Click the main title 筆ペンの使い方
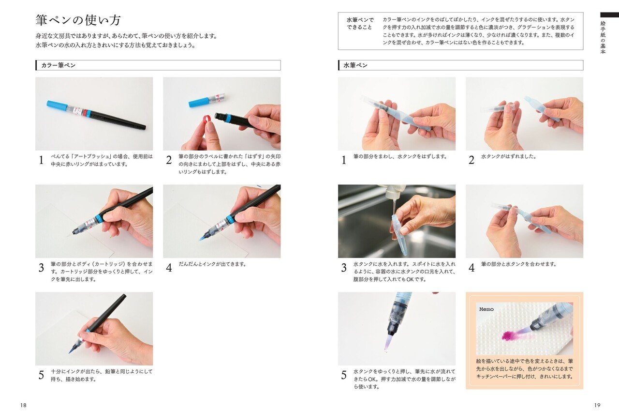pos(78,20)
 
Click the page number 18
pos(23,405)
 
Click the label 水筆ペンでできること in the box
pos(360,24)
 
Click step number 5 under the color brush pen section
pos(41,375)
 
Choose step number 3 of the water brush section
pos(344,268)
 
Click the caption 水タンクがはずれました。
pos(508,157)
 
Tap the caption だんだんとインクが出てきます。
pos(212,264)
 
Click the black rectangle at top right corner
pos(609,15)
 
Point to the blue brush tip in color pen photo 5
pos(73,348)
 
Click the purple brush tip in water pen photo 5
pos(387,343)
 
